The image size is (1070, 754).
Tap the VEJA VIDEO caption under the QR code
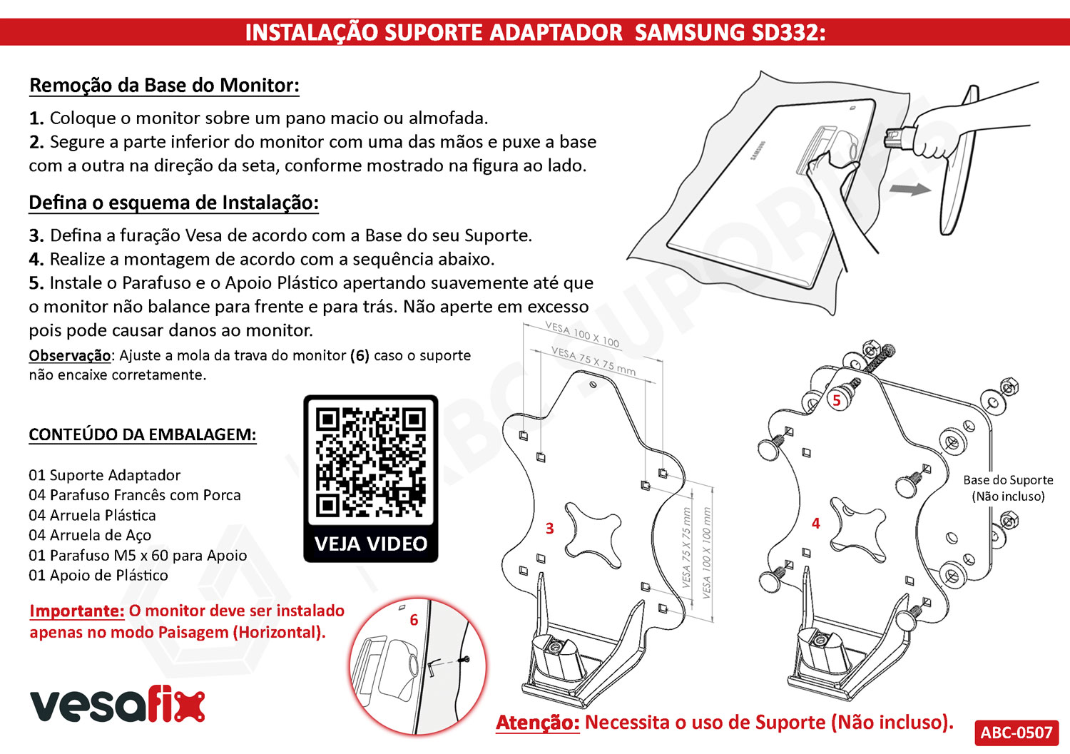click(x=370, y=544)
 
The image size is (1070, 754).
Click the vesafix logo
click(x=117, y=705)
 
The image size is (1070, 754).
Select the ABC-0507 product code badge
click(x=1016, y=733)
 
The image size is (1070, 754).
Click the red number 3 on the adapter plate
click(x=549, y=529)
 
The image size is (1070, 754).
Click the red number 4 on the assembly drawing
click(x=815, y=524)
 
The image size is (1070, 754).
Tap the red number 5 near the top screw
click(x=837, y=401)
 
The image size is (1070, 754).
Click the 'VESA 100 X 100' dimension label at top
click(x=582, y=335)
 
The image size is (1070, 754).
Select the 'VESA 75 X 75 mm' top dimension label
click(x=593, y=360)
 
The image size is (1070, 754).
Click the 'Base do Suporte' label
click(x=1008, y=480)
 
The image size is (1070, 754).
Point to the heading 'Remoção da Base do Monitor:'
click(x=164, y=86)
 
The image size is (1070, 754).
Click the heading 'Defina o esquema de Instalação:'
click(x=173, y=203)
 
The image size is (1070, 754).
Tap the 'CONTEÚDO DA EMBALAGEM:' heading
click(x=142, y=435)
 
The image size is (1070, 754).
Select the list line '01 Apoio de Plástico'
click(x=98, y=576)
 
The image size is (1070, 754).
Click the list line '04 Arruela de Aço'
click(x=90, y=536)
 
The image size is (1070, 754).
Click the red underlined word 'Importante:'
click(x=77, y=611)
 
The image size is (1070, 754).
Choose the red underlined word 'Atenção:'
click(x=538, y=723)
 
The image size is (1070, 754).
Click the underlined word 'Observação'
click(x=70, y=355)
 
